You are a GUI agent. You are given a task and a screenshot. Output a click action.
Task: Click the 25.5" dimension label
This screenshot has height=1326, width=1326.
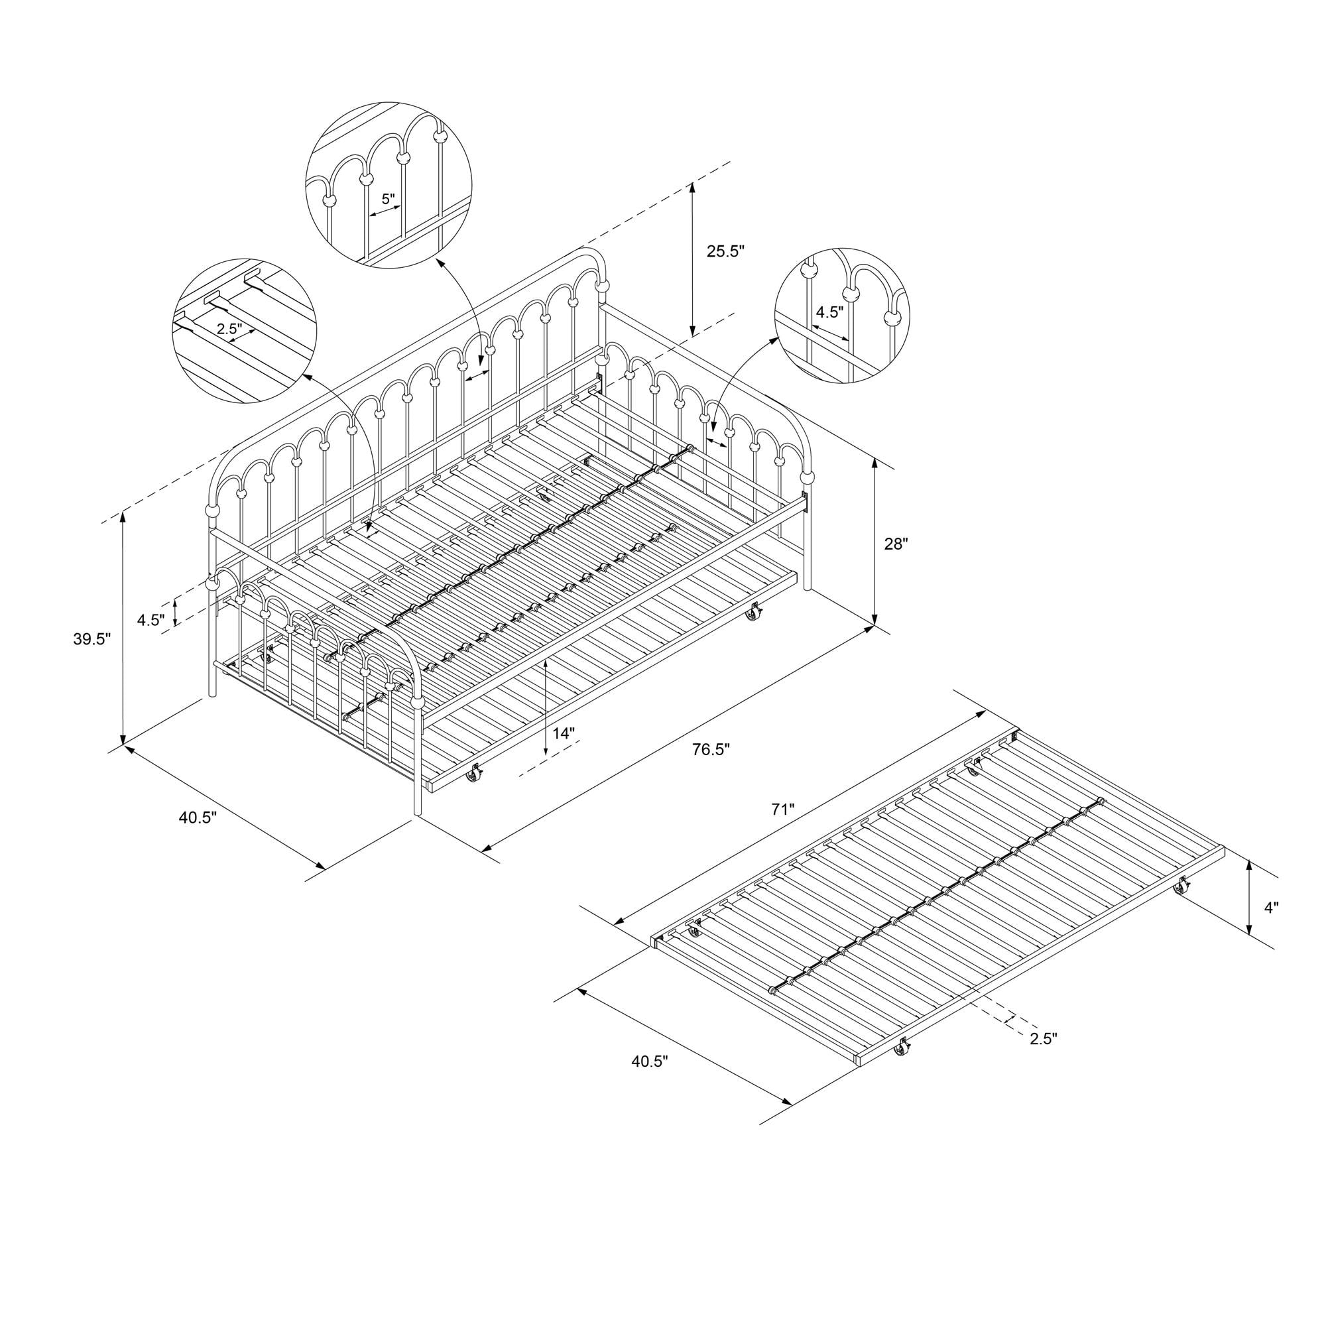725,252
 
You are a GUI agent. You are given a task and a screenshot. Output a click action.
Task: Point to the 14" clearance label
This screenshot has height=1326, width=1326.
563,733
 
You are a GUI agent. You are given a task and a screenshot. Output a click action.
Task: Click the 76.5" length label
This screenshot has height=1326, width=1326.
711,749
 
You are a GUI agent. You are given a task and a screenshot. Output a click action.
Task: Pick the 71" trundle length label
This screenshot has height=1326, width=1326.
782,810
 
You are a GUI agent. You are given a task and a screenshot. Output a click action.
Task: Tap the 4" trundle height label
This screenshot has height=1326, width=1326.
1272,908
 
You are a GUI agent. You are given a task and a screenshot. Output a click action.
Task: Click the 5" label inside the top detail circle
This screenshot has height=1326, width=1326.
389,199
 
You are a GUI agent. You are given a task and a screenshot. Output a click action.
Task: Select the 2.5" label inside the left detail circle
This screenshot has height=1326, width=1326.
230,329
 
